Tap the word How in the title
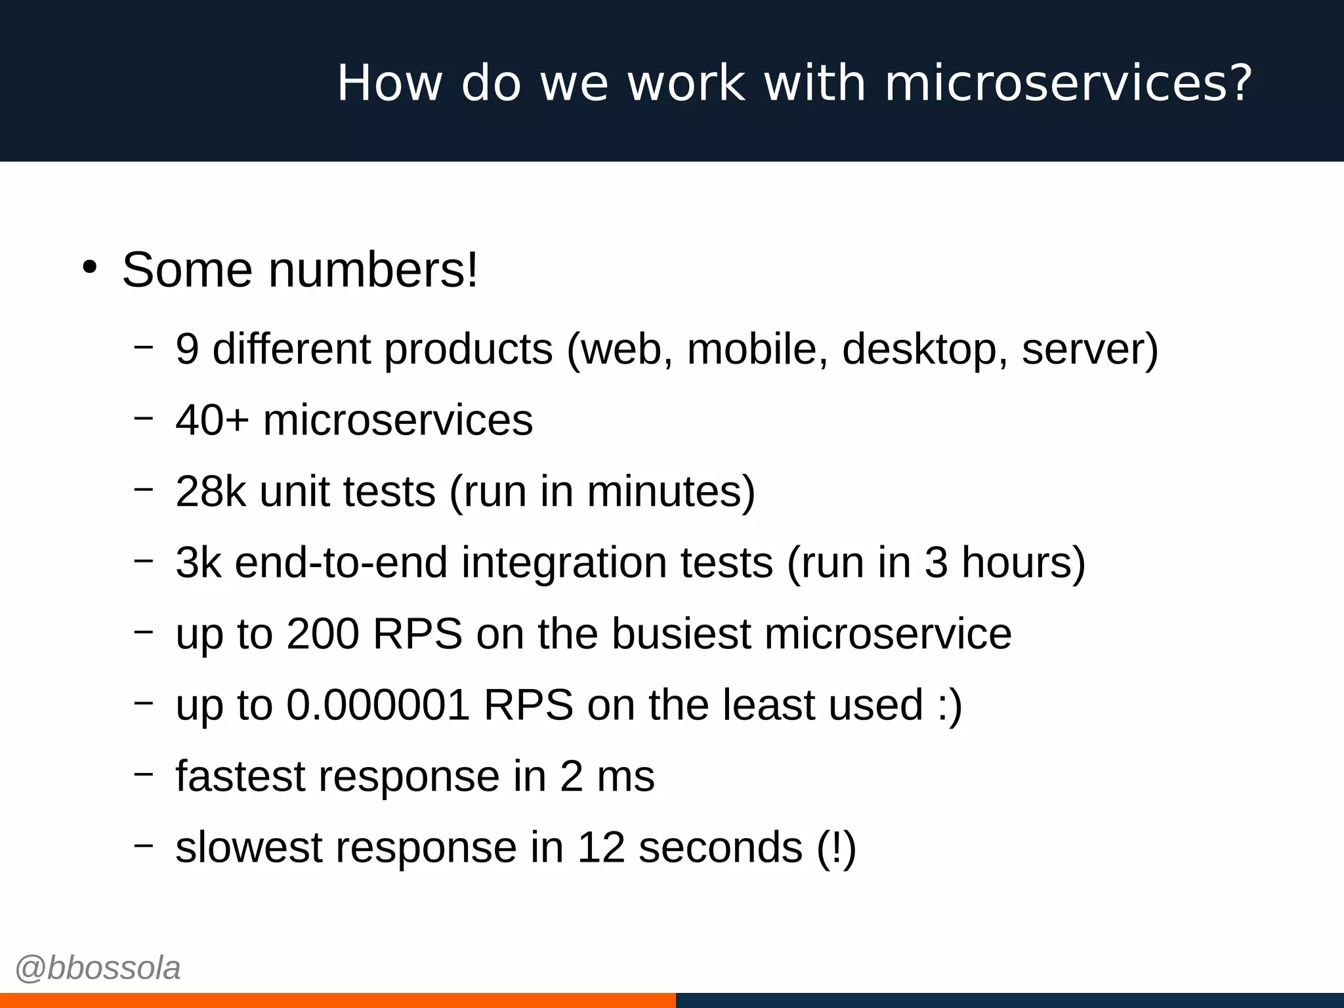point(389,84)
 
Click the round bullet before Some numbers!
point(90,267)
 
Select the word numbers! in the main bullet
point(373,270)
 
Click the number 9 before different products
point(187,348)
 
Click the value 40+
point(212,420)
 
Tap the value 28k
point(211,492)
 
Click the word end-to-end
point(341,563)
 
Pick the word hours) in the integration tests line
point(1023,563)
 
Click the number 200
point(323,634)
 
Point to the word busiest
point(681,634)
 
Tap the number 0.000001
point(378,705)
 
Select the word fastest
point(240,776)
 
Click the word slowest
point(249,847)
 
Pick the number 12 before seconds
point(600,847)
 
